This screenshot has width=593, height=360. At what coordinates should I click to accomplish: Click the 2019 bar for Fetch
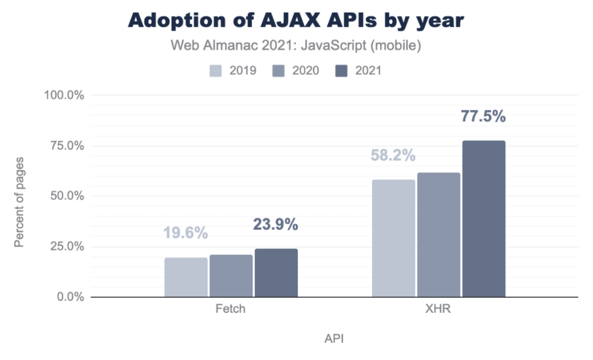point(186,277)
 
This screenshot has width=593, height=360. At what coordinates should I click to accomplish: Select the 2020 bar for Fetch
point(231,276)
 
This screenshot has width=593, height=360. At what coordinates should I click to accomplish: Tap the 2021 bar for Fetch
point(276,273)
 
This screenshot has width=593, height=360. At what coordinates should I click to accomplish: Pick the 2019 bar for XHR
point(393,238)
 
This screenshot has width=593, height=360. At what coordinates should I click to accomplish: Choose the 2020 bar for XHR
point(439,234)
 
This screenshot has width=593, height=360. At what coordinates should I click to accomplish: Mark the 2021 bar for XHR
point(483,218)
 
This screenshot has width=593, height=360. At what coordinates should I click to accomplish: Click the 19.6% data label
point(186,233)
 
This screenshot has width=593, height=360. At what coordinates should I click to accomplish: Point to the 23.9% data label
point(276,225)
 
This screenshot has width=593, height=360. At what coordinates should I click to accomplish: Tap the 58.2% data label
point(393,155)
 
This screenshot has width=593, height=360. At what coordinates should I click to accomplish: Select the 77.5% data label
point(483,116)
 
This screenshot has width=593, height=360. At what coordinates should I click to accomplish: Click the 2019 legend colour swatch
point(216,70)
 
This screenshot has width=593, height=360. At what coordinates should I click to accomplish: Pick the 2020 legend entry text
point(305,70)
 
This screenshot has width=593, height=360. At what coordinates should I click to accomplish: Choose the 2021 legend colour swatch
point(342,70)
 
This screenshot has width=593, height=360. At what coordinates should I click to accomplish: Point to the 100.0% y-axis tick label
point(64,95)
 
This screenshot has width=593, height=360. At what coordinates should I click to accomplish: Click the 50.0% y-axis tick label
point(66,196)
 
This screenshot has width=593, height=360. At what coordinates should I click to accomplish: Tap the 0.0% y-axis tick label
point(69,296)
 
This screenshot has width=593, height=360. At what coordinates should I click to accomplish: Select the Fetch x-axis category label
point(230,309)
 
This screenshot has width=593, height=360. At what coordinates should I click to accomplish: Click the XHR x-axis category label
point(438,309)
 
